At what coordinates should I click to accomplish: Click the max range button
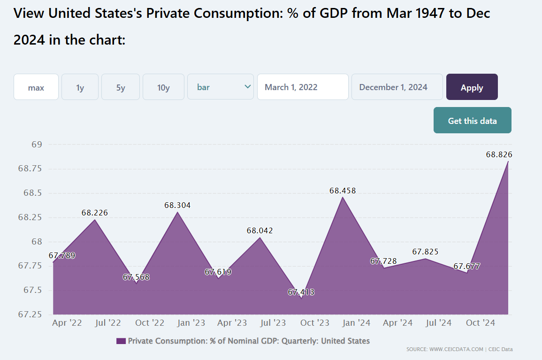[36, 87]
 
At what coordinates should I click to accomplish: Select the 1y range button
[80, 87]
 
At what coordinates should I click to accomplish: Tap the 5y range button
[121, 87]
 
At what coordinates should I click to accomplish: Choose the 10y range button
[163, 87]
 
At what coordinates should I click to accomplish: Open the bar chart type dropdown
[221, 87]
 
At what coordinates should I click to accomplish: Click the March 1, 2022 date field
[303, 87]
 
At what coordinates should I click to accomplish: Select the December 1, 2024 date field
[397, 87]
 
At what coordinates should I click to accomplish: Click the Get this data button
[472, 121]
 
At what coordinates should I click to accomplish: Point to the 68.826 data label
[499, 154]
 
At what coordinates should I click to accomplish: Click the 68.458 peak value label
[343, 191]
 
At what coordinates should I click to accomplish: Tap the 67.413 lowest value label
[301, 292]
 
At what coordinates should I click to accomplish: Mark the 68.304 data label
[177, 206]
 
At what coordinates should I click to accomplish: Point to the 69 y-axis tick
[37, 145]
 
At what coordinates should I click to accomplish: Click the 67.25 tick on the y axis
[31, 314]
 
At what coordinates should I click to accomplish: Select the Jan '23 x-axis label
[191, 323]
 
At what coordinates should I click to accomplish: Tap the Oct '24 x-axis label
[481, 323]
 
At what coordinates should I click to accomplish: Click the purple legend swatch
[121, 341]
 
